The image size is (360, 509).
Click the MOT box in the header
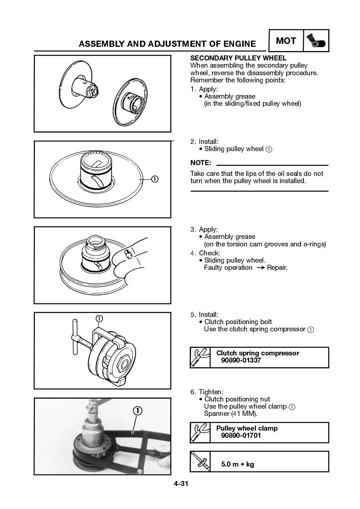click(x=286, y=41)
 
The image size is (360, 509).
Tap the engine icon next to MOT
click(x=316, y=41)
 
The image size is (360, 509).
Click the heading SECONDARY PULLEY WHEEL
click(x=238, y=58)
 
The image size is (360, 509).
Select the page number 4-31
click(x=181, y=484)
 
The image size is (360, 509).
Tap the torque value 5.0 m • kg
click(x=237, y=464)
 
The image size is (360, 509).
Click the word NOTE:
click(x=200, y=163)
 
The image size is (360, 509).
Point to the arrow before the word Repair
click(x=260, y=268)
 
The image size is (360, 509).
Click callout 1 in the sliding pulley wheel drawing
click(x=154, y=179)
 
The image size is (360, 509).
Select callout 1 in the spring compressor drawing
click(x=99, y=318)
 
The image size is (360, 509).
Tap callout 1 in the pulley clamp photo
click(x=138, y=411)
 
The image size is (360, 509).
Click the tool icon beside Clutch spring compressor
click(x=200, y=358)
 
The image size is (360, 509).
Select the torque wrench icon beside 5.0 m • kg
click(x=200, y=462)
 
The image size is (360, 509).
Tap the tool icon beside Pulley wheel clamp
click(x=200, y=433)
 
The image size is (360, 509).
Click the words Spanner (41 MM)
click(x=231, y=414)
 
